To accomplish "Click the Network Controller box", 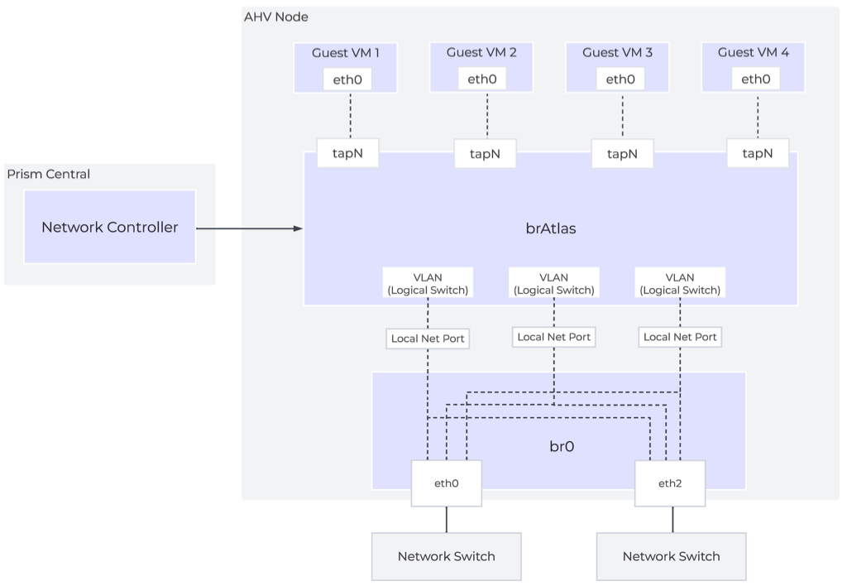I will coord(109,227).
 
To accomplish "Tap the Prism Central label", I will coord(49,174).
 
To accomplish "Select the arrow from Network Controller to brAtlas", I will coord(248,228).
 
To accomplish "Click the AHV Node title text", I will coord(276,17).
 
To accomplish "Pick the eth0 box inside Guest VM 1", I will coord(347,79).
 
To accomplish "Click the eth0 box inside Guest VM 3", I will coord(620,79).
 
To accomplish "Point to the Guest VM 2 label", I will coord(481,52).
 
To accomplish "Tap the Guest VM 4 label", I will coord(753,52).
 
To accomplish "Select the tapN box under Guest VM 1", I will coord(348,153).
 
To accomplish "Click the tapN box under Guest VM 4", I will coord(757,153).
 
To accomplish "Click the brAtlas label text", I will coord(550,228).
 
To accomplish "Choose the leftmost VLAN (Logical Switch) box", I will coord(428,283).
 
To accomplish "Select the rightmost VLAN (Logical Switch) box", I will coord(680,283).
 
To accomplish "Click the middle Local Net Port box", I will coord(553,337).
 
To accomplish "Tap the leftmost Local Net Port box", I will coord(428,338).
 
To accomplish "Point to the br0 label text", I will coord(562,446).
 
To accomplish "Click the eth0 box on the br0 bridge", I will coord(447,483).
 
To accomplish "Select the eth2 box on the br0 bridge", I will coord(669,483).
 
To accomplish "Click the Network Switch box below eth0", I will coord(447,556).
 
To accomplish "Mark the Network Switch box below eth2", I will coord(671,556).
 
